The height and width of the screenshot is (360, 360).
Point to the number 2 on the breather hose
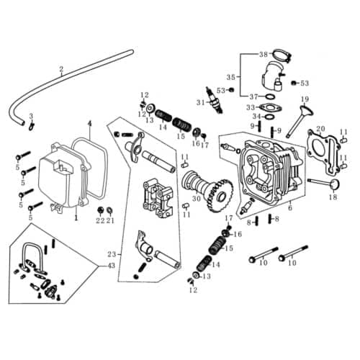62,70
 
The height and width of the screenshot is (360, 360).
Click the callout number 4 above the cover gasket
89,124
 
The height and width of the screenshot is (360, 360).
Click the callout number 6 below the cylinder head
289,208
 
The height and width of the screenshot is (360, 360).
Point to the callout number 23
110,253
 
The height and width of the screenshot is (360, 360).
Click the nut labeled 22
100,210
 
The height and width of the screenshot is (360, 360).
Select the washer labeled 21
110,210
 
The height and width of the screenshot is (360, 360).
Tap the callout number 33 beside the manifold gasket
251,107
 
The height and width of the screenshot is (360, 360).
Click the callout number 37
253,96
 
